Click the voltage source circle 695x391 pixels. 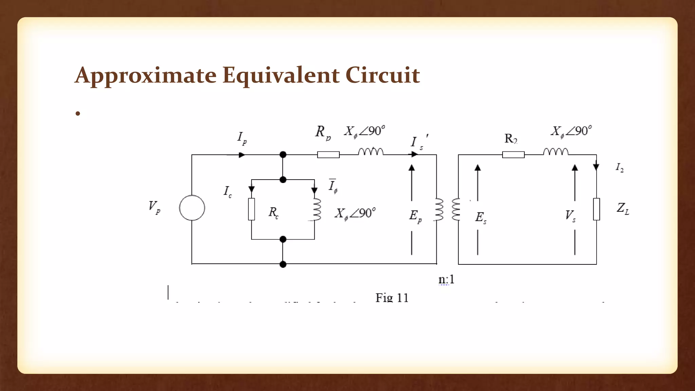pyautogui.click(x=192, y=208)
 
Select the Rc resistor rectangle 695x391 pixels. pyautogui.click(x=251, y=209)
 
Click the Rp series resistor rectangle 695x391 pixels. pyautogui.click(x=328, y=155)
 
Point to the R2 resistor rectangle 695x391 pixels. pyautogui.click(x=513, y=155)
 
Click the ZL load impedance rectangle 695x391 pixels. pyautogui.click(x=596, y=209)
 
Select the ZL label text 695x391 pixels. pyautogui.click(x=623, y=208)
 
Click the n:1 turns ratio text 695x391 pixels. pyautogui.click(x=446, y=279)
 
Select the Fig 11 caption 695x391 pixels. pyautogui.click(x=392, y=298)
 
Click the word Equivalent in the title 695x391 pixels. pyautogui.click(x=281, y=75)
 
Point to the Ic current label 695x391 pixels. pyautogui.click(x=228, y=191)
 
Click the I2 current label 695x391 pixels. pyautogui.click(x=620, y=167)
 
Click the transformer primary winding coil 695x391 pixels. pyautogui.click(x=439, y=209)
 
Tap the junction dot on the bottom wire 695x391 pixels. pyautogui.click(x=283, y=264)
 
